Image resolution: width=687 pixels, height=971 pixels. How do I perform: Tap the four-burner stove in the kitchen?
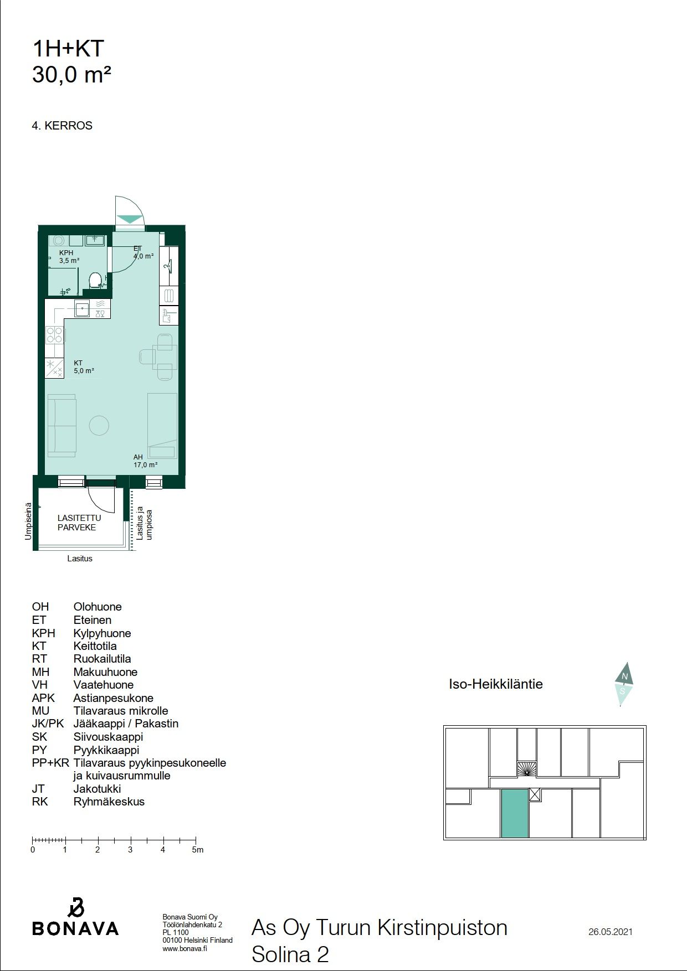pyautogui.click(x=55, y=334)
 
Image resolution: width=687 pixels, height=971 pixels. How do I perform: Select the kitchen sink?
pyautogui.click(x=83, y=308)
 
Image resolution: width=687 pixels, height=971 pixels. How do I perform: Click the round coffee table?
pyautogui.click(x=99, y=425)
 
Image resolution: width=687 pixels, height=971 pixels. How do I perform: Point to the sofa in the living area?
pyautogui.click(x=61, y=426)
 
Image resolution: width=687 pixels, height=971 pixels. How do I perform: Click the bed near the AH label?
pyautogui.click(x=162, y=426)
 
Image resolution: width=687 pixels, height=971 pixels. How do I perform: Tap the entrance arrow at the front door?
pyautogui.click(x=130, y=219)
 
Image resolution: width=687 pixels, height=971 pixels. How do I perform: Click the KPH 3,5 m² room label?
pyautogui.click(x=69, y=256)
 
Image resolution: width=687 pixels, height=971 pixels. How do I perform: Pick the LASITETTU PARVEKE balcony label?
pyautogui.click(x=79, y=523)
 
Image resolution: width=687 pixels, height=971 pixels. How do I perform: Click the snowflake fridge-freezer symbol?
pyautogui.click(x=54, y=368)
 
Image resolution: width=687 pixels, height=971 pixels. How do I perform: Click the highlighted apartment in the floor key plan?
pyautogui.click(x=515, y=813)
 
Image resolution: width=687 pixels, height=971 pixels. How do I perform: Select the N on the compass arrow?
pyautogui.click(x=625, y=676)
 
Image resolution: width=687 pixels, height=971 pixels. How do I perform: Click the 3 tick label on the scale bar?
pyautogui.click(x=130, y=850)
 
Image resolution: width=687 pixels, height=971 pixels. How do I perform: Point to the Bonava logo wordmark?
pyautogui.click(x=75, y=928)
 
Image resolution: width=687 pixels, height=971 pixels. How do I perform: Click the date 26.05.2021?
pyautogui.click(x=611, y=932)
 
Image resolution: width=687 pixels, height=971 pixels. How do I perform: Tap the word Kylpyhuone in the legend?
pyautogui.click(x=102, y=633)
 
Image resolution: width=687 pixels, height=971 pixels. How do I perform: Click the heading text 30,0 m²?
pyautogui.click(x=72, y=75)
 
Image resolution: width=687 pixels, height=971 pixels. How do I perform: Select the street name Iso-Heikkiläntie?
pyautogui.click(x=496, y=684)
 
